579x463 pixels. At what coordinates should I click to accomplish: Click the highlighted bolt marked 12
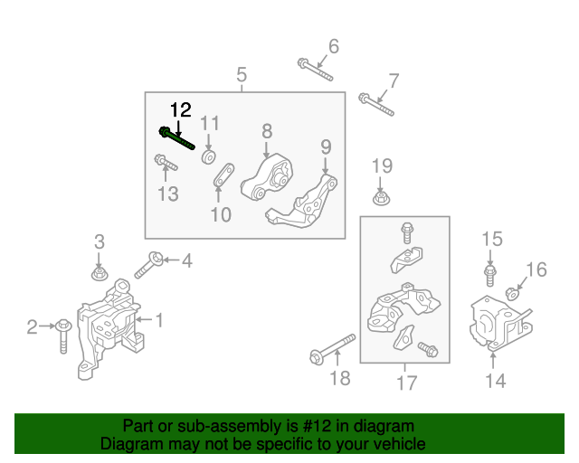176,138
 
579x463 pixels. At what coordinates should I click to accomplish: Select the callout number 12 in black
181,110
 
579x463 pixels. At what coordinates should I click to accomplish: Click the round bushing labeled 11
209,157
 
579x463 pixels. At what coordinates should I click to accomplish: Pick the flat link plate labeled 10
223,177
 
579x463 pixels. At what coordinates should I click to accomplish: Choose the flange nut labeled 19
382,197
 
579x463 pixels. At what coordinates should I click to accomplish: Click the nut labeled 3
100,272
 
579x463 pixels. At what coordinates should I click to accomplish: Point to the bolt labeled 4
150,265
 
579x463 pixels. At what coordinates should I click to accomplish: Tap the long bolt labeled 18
331,348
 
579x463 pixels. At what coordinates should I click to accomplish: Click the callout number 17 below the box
406,383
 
